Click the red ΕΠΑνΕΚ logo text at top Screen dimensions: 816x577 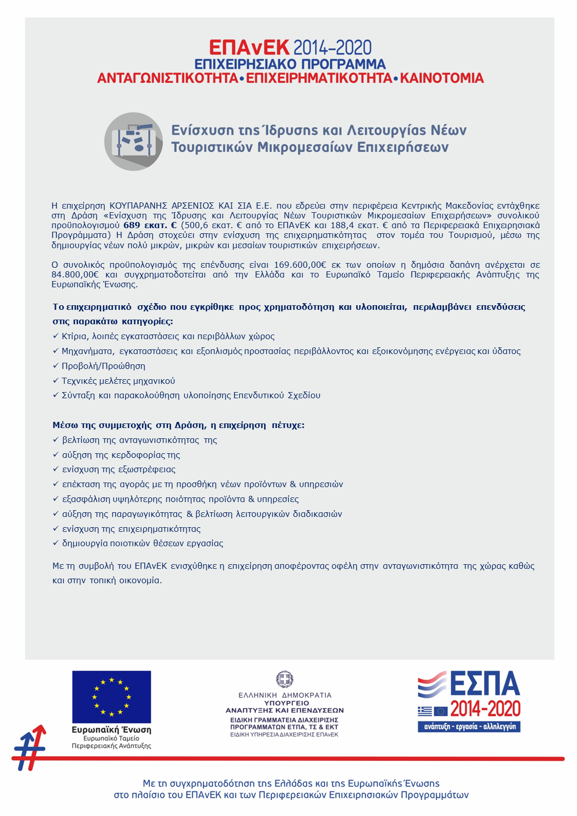point(249,48)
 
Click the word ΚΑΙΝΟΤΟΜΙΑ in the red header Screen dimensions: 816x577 point(442,78)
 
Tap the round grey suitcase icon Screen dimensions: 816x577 point(134,141)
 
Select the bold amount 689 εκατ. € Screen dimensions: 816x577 point(150,225)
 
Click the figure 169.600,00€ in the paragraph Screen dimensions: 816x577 point(300,265)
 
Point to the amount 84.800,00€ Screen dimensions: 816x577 point(75,274)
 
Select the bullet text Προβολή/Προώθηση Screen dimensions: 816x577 point(103,366)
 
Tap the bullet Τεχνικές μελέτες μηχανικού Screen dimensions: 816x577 point(118,381)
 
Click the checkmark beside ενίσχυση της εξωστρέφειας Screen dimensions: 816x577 point(56,469)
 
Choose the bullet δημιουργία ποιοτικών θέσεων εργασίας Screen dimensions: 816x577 point(142,543)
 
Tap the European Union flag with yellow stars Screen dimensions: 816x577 point(111,697)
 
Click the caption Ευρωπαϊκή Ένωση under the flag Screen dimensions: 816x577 point(111,730)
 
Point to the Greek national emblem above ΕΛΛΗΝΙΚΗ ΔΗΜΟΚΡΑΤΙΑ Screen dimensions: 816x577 point(285,679)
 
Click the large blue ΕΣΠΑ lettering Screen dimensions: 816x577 point(485,684)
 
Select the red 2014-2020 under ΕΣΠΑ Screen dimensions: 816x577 point(485,710)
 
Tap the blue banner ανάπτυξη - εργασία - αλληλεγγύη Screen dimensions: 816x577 point(469,727)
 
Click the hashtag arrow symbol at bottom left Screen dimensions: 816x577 point(30,748)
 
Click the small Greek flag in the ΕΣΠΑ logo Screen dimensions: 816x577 point(425,711)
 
